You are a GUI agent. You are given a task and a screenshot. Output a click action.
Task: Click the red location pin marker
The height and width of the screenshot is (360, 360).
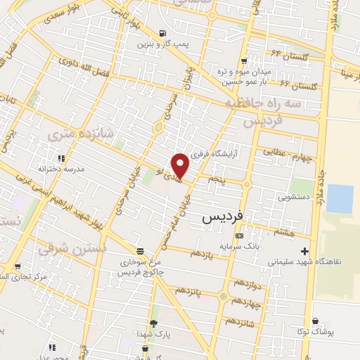click(181, 165)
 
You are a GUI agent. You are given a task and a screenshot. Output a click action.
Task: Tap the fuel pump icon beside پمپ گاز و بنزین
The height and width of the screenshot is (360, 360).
click(163, 33)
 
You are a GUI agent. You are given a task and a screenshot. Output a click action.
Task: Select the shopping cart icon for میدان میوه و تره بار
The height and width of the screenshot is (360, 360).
click(244, 60)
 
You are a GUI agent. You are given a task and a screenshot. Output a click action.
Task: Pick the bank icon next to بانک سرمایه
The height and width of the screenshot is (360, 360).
click(240, 236)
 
